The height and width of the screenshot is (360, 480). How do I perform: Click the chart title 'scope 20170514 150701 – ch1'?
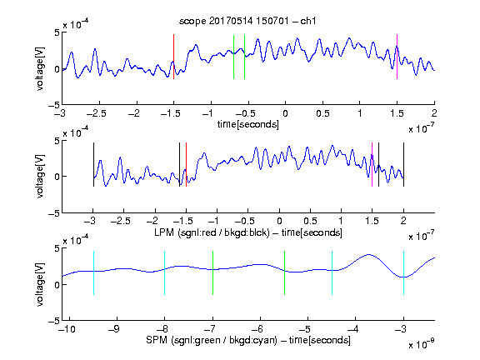pyautogui.click(x=247, y=21)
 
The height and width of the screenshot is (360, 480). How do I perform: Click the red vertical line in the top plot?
pyautogui.click(x=173, y=57)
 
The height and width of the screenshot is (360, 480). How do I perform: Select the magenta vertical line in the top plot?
pyautogui.click(x=397, y=57)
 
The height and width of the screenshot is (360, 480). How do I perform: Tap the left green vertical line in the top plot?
pyautogui.click(x=233, y=57)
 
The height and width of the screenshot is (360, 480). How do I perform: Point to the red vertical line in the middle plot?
pyautogui.click(x=186, y=164)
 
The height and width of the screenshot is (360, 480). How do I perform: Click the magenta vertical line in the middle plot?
pyautogui.click(x=372, y=164)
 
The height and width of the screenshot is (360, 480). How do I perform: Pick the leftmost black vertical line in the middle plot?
pyautogui.click(x=93, y=164)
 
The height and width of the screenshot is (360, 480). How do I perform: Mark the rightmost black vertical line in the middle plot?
pyautogui.click(x=403, y=164)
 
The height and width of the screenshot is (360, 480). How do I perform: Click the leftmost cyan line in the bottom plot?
pyautogui.click(x=93, y=272)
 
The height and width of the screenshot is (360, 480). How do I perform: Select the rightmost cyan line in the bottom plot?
pyautogui.click(x=403, y=272)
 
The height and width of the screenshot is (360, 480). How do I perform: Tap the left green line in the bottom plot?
pyautogui.click(x=212, y=272)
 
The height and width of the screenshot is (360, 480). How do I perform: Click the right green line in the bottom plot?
pyautogui.click(x=284, y=272)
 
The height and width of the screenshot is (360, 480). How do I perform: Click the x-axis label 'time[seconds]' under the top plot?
pyautogui.click(x=248, y=124)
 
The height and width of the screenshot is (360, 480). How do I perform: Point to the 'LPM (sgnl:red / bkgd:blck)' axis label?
pyautogui.click(x=212, y=232)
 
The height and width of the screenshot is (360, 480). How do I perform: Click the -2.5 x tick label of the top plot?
pyautogui.click(x=97, y=113)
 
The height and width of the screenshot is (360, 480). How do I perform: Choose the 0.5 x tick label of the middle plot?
pyautogui.click(x=310, y=221)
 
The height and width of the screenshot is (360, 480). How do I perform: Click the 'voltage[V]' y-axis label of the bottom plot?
pyautogui.click(x=40, y=284)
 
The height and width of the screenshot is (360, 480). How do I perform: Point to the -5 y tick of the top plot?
pyautogui.click(x=54, y=105)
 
